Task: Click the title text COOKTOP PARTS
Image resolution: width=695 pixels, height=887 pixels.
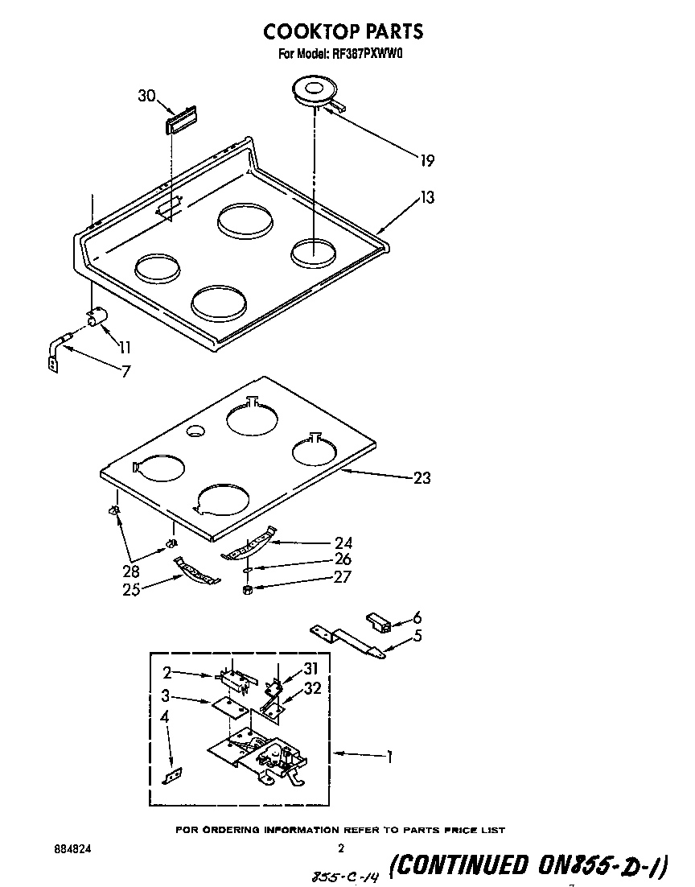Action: pos(343,31)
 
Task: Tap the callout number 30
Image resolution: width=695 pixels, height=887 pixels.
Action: pos(146,96)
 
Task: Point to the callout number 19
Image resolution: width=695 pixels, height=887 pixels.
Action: pos(426,160)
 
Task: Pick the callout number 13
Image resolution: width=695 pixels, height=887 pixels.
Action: pos(426,197)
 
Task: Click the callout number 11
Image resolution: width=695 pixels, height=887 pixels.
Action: pos(125,349)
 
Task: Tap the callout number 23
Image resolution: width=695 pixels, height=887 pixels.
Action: pos(422,478)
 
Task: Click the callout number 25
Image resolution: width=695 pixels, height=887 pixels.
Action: pos(132,589)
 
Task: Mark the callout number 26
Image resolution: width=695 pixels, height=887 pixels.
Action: pos(343,559)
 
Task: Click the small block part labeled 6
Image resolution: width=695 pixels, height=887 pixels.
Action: pos(378,622)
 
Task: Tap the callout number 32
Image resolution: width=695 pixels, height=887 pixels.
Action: pos(313,688)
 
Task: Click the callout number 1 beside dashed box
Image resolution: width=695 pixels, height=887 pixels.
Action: pos(389,757)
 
